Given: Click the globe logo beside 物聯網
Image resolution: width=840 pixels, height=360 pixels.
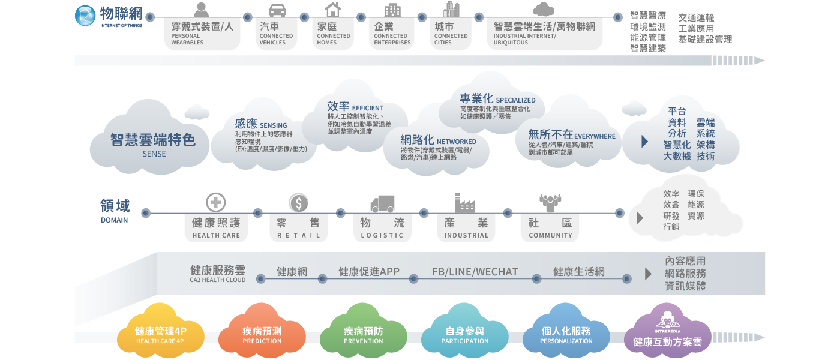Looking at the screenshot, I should pyautogui.click(x=85, y=16).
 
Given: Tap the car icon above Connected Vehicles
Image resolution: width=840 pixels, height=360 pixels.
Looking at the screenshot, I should pyautogui.click(x=277, y=10).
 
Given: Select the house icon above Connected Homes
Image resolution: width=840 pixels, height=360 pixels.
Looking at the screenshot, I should pyautogui.click(x=332, y=10).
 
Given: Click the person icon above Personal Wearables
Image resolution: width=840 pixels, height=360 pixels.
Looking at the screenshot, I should pyautogui.click(x=202, y=10).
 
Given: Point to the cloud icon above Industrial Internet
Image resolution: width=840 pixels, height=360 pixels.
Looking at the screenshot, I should pyautogui.click(x=543, y=9).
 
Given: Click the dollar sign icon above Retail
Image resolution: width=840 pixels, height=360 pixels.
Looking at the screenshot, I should pyautogui.click(x=298, y=203).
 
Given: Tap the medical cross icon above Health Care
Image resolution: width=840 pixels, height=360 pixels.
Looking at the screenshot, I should pyautogui.click(x=215, y=203).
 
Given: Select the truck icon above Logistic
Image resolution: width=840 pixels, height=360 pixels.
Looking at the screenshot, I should pyautogui.click(x=382, y=204).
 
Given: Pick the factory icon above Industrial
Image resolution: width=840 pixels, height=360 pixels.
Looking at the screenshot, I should pyautogui.click(x=464, y=203).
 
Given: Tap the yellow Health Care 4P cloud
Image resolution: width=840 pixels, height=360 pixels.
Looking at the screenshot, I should pyautogui.click(x=160, y=333).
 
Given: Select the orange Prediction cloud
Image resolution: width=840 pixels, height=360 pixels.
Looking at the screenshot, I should pyautogui.click(x=262, y=333).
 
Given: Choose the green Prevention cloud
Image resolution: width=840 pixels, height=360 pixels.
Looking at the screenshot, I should pyautogui.click(x=363, y=333).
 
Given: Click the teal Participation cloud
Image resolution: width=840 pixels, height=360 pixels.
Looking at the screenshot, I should pyautogui.click(x=464, y=333).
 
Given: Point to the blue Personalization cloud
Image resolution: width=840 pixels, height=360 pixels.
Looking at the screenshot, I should pyautogui.click(x=566, y=333).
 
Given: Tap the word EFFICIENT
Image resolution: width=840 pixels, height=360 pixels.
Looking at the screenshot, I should pyautogui.click(x=368, y=108).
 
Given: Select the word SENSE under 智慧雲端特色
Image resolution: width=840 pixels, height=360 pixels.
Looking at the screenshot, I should pyautogui.click(x=154, y=154).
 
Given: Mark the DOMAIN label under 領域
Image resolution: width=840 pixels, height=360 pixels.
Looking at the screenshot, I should pyautogui.click(x=115, y=220).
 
